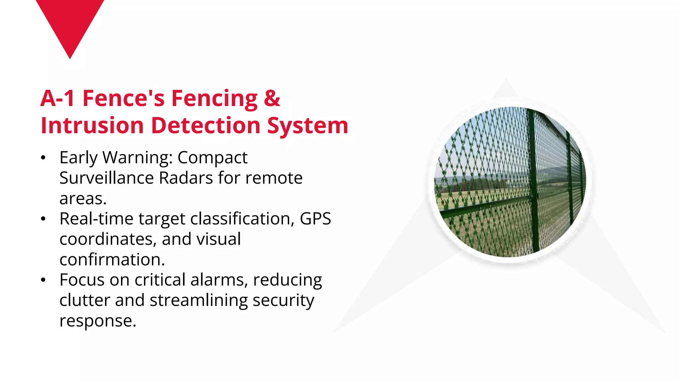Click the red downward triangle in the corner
[x=70, y=23]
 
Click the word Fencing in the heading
[x=214, y=99]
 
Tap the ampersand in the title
[x=272, y=98]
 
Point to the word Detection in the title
[x=206, y=126]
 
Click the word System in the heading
[x=308, y=126]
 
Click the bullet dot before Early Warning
[x=43, y=158]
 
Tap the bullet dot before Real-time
[x=43, y=219]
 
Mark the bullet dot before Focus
[x=43, y=280]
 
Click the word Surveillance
[x=106, y=178]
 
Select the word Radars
[x=186, y=178]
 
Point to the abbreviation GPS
[x=315, y=219]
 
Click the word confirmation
[x=112, y=260]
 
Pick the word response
[x=97, y=321]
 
